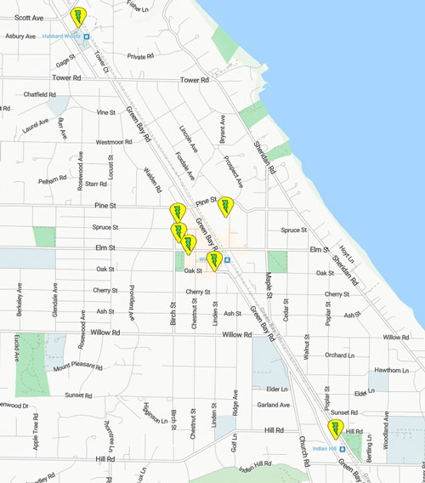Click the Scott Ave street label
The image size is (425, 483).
[29, 16]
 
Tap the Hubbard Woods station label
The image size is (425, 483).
[62, 36]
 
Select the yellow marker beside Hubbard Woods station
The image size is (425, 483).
[79, 17]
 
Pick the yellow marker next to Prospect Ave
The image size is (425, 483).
[226, 206]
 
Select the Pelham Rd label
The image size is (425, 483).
[52, 181]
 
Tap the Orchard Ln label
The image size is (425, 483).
[339, 355]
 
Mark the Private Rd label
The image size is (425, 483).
[143, 56]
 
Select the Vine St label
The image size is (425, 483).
[106, 112]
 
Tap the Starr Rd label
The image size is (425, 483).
[96, 183]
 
